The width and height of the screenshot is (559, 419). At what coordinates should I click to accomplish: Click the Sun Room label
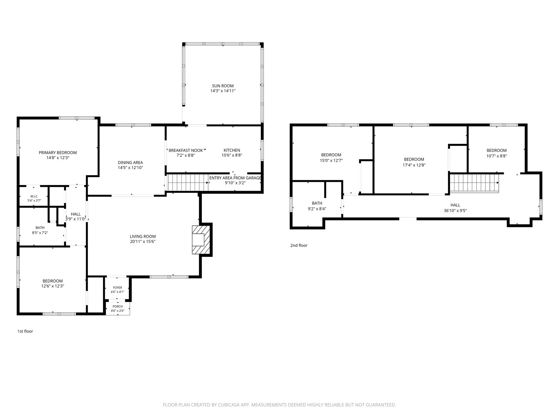223,86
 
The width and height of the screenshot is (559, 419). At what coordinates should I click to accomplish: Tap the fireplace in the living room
201,240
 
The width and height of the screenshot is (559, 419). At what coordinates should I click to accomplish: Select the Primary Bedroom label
58,152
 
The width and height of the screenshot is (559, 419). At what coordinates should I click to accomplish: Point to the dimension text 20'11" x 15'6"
143,242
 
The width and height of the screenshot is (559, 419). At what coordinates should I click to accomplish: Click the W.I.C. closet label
34,196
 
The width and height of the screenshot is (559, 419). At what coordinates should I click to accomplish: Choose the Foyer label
118,287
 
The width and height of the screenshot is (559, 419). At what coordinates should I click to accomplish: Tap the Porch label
118,306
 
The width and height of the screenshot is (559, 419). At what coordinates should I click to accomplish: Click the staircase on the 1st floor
188,182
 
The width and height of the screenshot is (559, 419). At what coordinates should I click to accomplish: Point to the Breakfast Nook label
186,150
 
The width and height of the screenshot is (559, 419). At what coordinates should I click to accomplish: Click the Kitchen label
232,150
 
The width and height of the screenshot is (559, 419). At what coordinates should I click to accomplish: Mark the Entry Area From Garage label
235,178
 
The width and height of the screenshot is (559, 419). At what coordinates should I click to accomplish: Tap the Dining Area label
130,163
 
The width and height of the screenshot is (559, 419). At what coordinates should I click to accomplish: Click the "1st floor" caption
25,331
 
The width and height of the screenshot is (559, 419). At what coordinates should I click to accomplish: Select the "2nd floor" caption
299,245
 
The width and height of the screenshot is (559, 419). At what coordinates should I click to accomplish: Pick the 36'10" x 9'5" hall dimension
455,211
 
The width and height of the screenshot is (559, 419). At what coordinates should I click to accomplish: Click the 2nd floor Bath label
317,203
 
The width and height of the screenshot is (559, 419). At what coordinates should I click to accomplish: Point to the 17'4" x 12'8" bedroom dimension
414,165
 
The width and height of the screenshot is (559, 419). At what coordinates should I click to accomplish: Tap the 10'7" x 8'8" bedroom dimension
497,156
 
